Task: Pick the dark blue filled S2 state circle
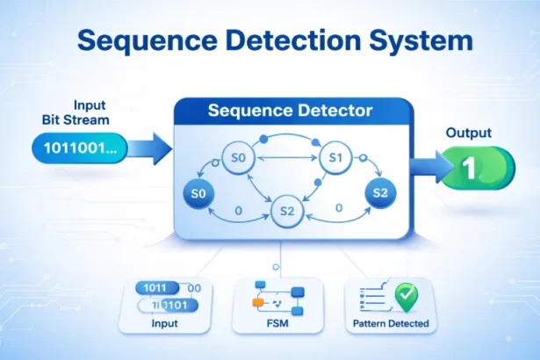(x=380, y=192)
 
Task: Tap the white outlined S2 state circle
(x=285, y=211)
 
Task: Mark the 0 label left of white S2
(x=239, y=210)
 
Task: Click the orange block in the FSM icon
(x=258, y=301)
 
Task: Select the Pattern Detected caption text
(x=391, y=324)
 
